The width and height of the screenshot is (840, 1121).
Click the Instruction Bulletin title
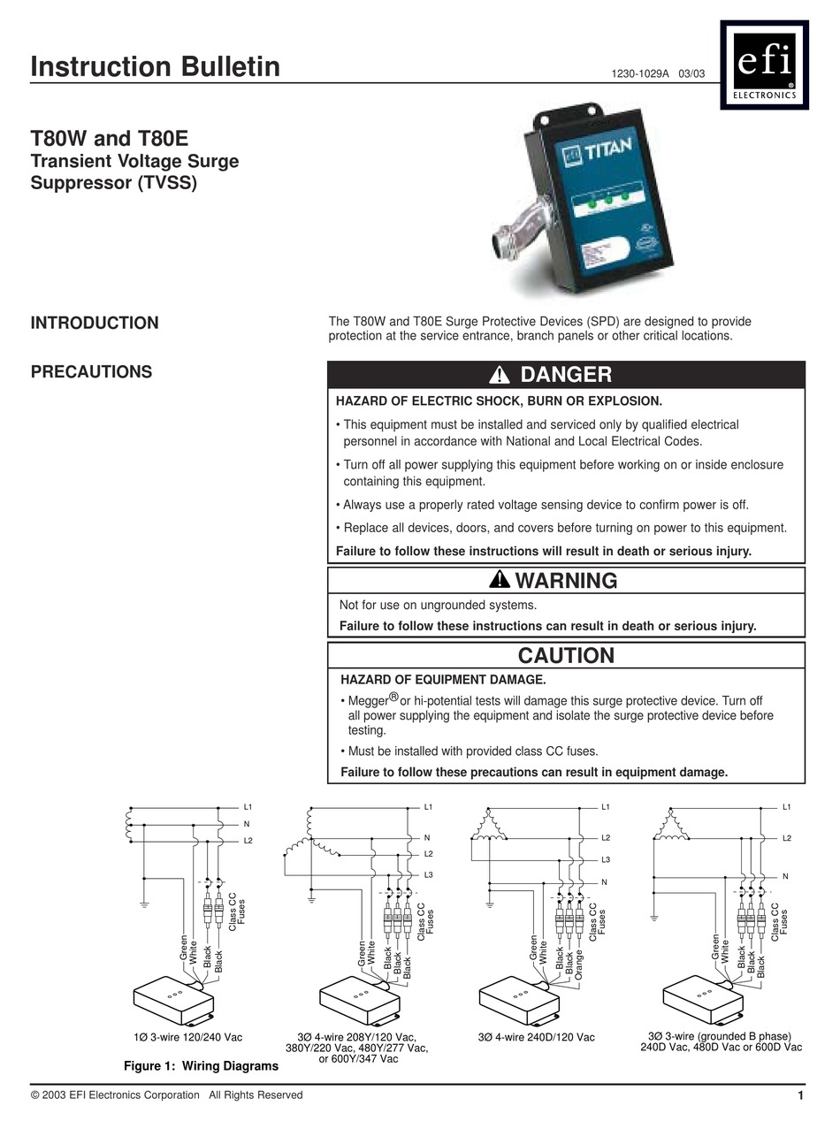[155, 67]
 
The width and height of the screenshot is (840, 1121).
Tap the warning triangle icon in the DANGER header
[500, 375]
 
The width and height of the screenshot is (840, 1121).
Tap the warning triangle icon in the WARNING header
[500, 581]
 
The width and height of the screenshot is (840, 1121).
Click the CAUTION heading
[566, 655]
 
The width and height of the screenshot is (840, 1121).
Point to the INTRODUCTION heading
[95, 323]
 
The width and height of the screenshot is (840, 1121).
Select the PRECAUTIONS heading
[91, 372]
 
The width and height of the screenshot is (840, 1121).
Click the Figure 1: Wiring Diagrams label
[201, 1066]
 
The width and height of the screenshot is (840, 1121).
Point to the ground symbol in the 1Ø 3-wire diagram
[144, 904]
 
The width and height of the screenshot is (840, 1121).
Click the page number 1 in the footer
[799, 1096]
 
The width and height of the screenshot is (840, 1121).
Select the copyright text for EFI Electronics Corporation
[166, 1095]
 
